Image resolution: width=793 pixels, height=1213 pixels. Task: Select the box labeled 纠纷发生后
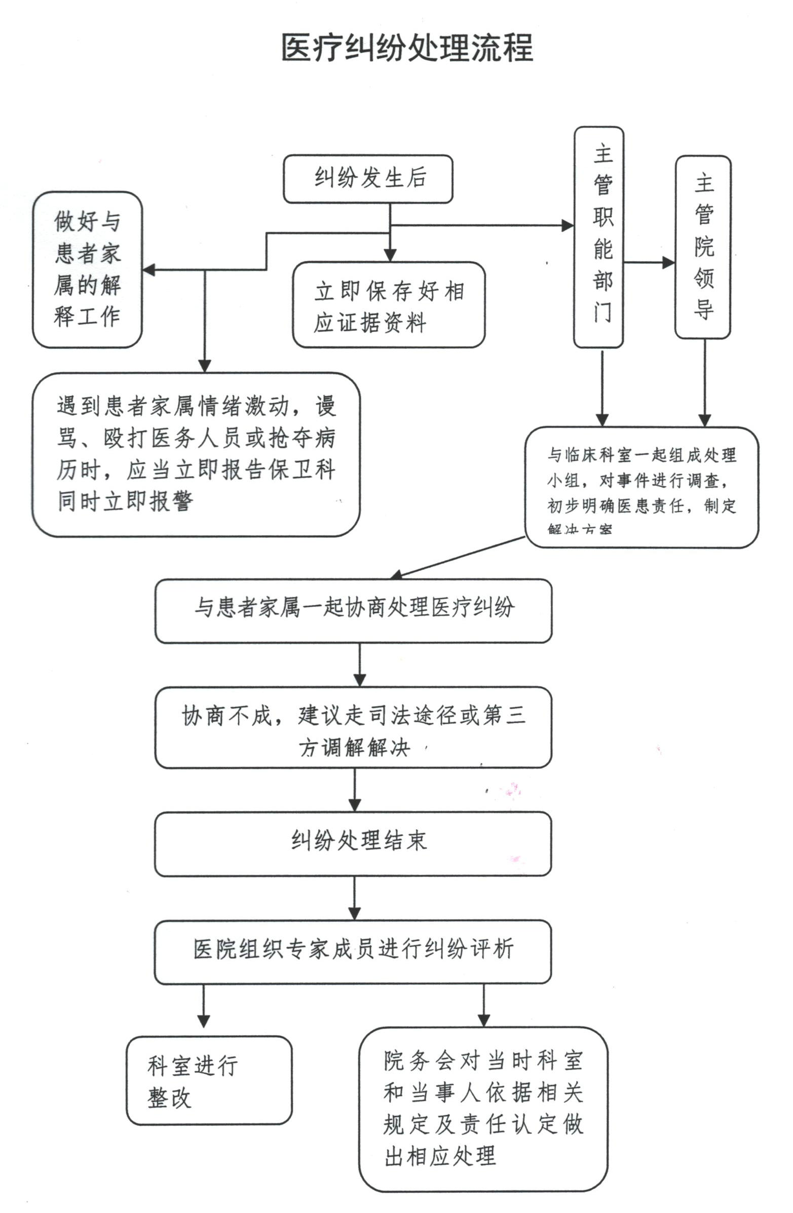point(368,179)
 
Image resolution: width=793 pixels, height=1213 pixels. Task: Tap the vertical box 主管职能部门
point(599,237)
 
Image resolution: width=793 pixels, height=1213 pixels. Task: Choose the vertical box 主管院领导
point(702,247)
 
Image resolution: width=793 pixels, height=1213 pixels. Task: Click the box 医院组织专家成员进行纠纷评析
point(353,951)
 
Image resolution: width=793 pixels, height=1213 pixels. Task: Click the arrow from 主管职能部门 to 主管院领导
point(649,262)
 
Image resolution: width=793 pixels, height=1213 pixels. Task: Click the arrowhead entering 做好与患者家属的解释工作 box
point(148,269)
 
